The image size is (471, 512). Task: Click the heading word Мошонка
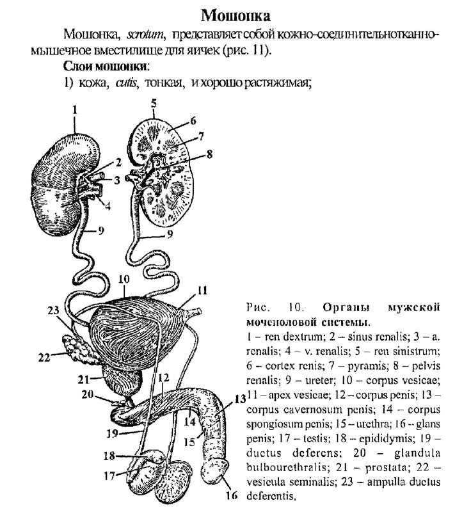(x=235, y=15)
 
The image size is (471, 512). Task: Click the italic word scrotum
(x=148, y=33)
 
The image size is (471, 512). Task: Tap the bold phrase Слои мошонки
(x=106, y=66)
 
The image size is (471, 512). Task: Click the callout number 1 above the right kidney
(x=75, y=110)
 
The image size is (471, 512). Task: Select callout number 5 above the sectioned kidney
(x=154, y=102)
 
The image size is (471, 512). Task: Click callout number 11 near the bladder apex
(x=202, y=290)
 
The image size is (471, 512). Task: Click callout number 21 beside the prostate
(x=83, y=379)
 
